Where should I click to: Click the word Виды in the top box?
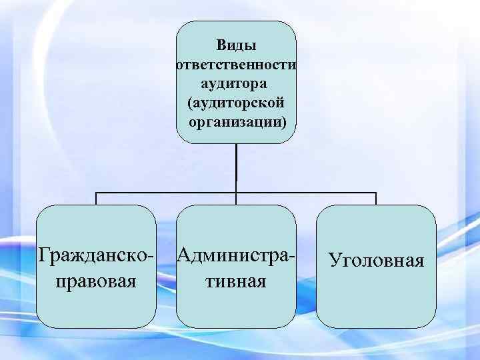pyautogui.click(x=237, y=46)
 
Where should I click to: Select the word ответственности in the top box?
pyautogui.click(x=237, y=65)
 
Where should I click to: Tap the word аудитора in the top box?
pyautogui.click(x=237, y=85)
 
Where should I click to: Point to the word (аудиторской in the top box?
pyautogui.click(x=237, y=104)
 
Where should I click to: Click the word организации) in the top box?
pyautogui.click(x=237, y=123)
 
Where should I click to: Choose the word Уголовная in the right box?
pyautogui.click(x=377, y=259)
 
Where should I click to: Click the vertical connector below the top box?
pyautogui.click(x=237, y=167)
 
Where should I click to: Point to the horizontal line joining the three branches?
pyautogui.click(x=167, y=193)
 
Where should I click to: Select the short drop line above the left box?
pyautogui.click(x=97, y=199)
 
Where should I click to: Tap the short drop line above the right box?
pyautogui.click(x=377, y=199)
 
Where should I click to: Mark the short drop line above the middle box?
pyautogui.click(x=237, y=199)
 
